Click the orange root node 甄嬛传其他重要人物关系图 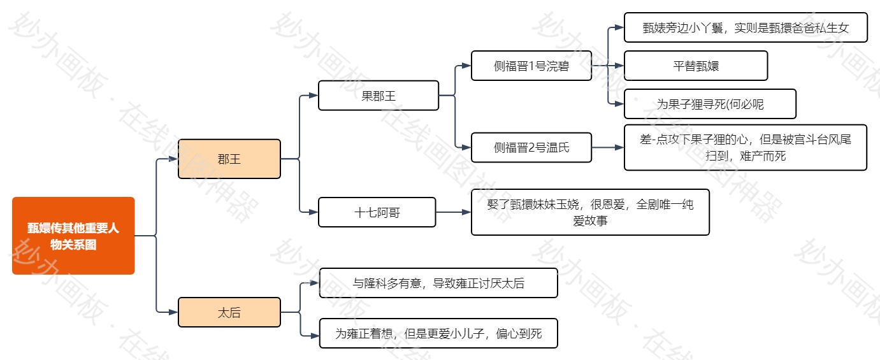73,236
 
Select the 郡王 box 229,159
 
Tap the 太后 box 229,312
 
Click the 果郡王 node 379,96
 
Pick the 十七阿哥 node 377,212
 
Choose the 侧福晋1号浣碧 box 531,66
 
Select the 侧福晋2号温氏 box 531,148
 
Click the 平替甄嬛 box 696,66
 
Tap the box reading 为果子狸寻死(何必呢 710,104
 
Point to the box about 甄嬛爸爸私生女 746,27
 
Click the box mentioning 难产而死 746,148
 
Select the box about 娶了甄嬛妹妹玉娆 590,212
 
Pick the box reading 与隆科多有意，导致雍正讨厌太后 438,283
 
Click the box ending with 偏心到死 438,333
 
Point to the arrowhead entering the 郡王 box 173,159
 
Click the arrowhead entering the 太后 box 173,312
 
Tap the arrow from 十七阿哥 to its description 453,212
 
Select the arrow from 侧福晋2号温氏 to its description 608,148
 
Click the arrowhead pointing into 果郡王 314,96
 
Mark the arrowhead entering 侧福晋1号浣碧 466,66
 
